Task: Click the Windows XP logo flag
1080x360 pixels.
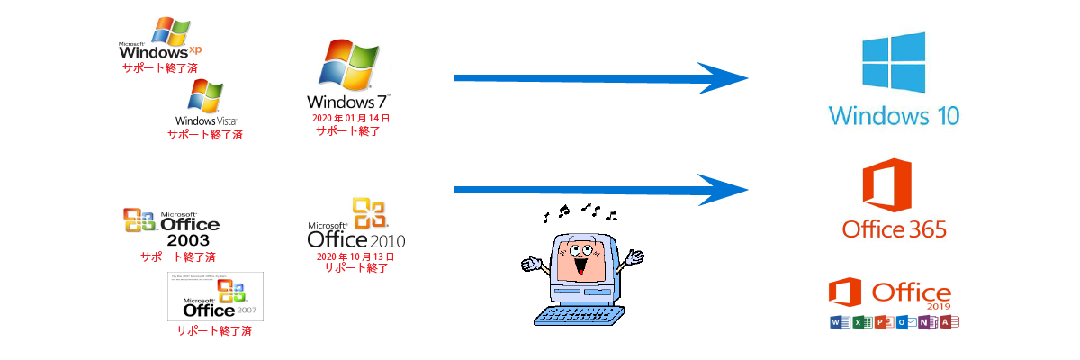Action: pos(171,31)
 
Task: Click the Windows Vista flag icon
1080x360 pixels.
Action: pos(205,95)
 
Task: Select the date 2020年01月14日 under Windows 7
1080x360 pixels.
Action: pos(350,118)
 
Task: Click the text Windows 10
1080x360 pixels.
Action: pos(894,116)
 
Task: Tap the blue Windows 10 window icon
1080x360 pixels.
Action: pos(893,64)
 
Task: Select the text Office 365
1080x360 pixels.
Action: pos(894,230)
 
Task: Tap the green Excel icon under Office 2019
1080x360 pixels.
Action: pos(859,322)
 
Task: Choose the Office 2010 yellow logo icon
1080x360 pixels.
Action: pos(370,213)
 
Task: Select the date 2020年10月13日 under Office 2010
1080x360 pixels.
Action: pos(355,256)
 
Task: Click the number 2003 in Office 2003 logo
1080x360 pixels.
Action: pos(188,241)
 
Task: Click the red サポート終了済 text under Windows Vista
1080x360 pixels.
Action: pos(205,135)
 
